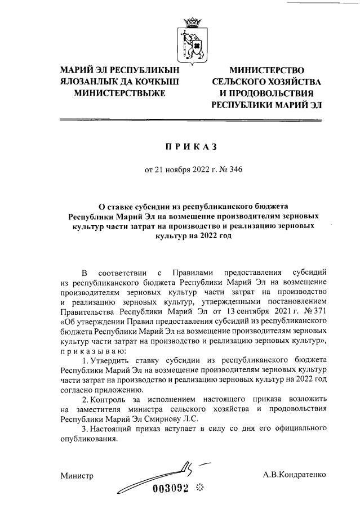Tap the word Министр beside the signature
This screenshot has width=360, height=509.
[x=77, y=476]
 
